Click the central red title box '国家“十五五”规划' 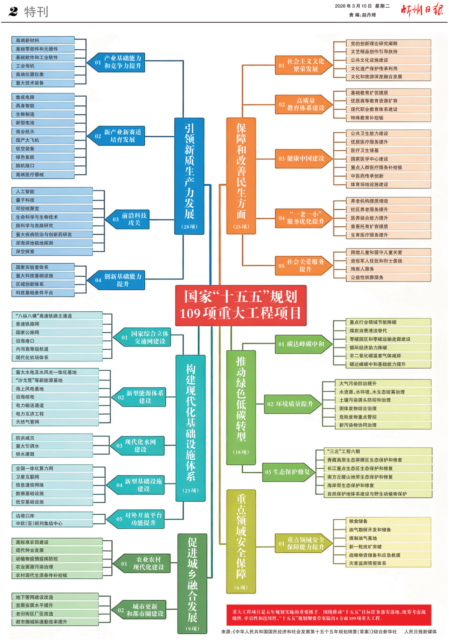pyautogui.click(x=240, y=305)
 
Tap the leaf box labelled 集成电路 pyautogui.click(x=42, y=97)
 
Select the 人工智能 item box pyautogui.click(x=51, y=191)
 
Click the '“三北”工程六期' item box pyautogui.click(x=379, y=451)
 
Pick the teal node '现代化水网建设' pyautogui.click(x=138, y=445)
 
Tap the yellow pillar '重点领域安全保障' pyautogui.click(x=241, y=541)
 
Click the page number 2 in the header pyautogui.click(x=13, y=12)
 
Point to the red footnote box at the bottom pyautogui.click(x=328, y=615)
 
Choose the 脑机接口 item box pyautogui.click(x=42, y=166)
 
